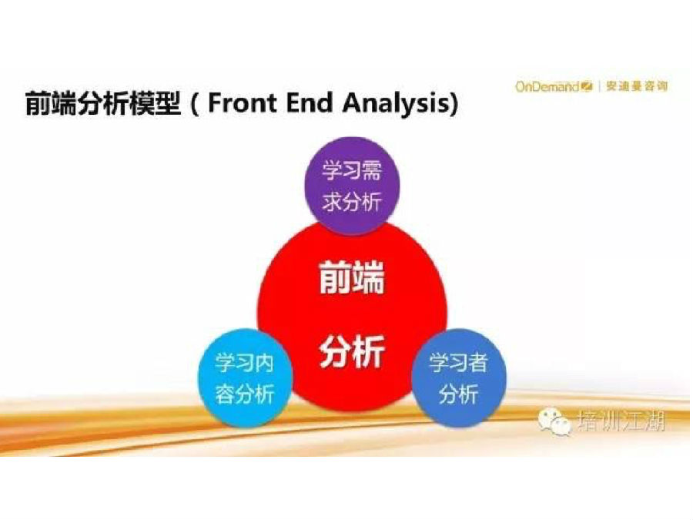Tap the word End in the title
309,102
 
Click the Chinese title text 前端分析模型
103,103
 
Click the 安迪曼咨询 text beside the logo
637,86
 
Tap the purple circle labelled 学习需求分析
352,185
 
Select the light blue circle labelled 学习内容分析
245,377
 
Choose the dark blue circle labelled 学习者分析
459,377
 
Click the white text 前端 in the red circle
352,277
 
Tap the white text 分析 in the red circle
352,351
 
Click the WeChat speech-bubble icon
554,422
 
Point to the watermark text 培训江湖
621,421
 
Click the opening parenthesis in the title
195,104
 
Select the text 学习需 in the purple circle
352,169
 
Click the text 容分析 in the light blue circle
245,393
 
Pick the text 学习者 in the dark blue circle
459,363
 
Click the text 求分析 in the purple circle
352,201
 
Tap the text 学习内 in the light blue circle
245,363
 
